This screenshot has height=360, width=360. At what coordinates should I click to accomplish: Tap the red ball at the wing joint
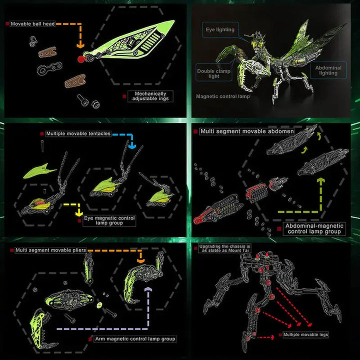pos(81,59)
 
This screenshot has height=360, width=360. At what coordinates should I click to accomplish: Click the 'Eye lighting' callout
pos(220,29)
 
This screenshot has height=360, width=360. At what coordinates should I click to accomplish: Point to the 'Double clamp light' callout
pos(213,74)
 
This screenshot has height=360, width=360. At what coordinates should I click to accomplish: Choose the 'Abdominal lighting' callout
pos(329,70)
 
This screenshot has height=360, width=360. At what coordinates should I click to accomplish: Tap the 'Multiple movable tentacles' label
pos(78,134)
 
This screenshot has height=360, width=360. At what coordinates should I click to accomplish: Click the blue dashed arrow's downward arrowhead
pos(132,146)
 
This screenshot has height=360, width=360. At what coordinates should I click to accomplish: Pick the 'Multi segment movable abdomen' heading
pos(247,131)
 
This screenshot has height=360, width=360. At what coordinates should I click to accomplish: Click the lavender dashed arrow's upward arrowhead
pos(147,290)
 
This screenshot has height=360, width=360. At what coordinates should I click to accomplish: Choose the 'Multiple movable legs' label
pos(305,334)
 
